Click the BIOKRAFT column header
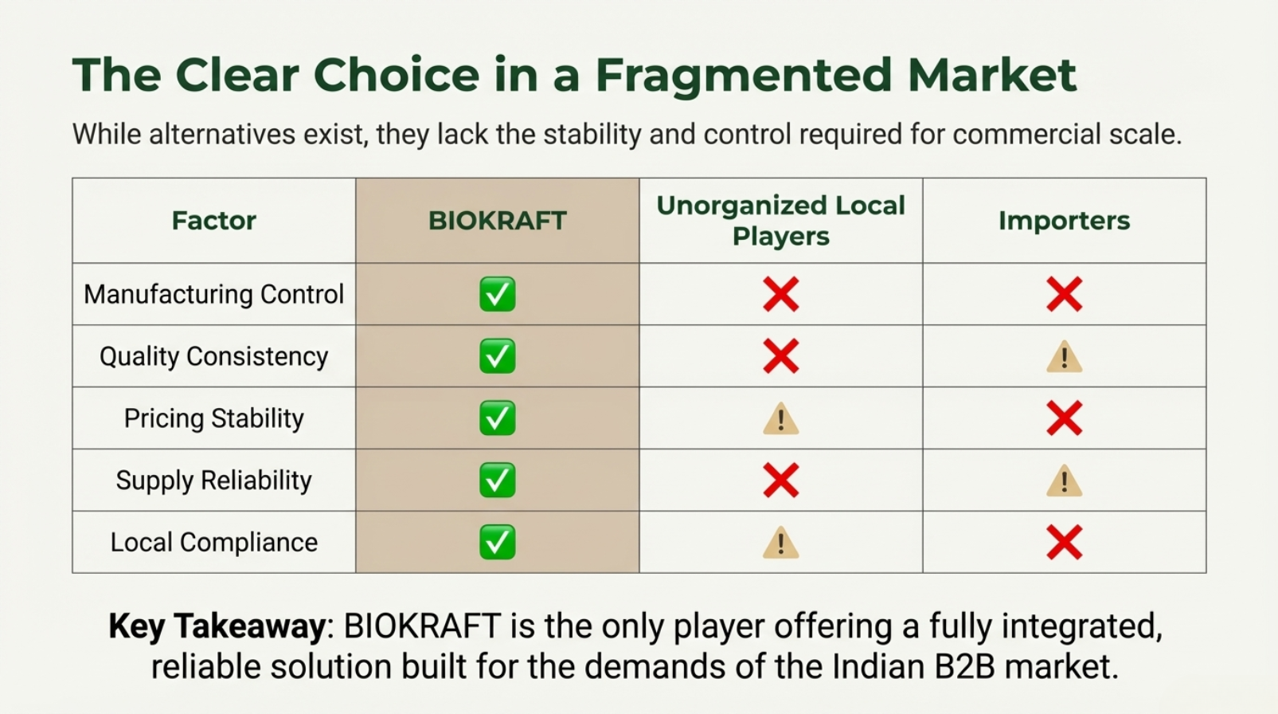pos(497,221)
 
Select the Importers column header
pos(1064,221)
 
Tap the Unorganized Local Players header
pos(780,221)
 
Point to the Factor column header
pos(214,221)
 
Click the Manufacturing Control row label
pos(214,294)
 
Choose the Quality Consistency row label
pos(214,356)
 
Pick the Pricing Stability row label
pos(214,418)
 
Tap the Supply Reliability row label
pos(214,481)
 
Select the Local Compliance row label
pos(214,542)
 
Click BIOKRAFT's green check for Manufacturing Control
pos(498,294)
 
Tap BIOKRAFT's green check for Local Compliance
pos(498,542)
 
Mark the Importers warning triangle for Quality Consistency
pos(1065,357)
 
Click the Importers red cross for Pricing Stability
pos(1065,418)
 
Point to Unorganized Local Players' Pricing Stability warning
pos(781,418)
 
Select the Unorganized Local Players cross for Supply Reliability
pos(781,481)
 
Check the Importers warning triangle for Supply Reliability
pos(1065,481)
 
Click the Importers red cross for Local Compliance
pos(1065,542)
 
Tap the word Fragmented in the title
pos(744,76)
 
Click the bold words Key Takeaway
pos(217,626)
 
